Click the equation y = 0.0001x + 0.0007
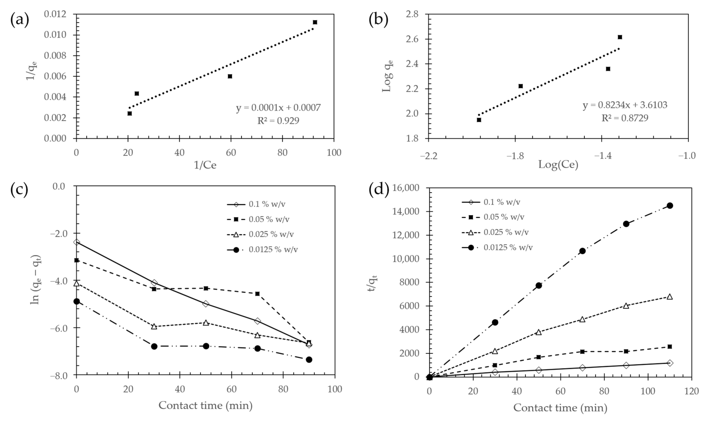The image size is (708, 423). (278, 108)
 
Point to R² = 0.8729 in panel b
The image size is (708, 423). (625, 118)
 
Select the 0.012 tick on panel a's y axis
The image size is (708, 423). (59, 14)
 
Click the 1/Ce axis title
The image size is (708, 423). (205, 165)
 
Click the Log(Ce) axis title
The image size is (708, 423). (558, 164)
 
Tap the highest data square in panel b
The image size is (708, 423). (620, 37)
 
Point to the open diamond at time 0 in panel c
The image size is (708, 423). (76, 242)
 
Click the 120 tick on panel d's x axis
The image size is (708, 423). (691, 391)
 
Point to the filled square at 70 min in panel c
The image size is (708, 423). (257, 294)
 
